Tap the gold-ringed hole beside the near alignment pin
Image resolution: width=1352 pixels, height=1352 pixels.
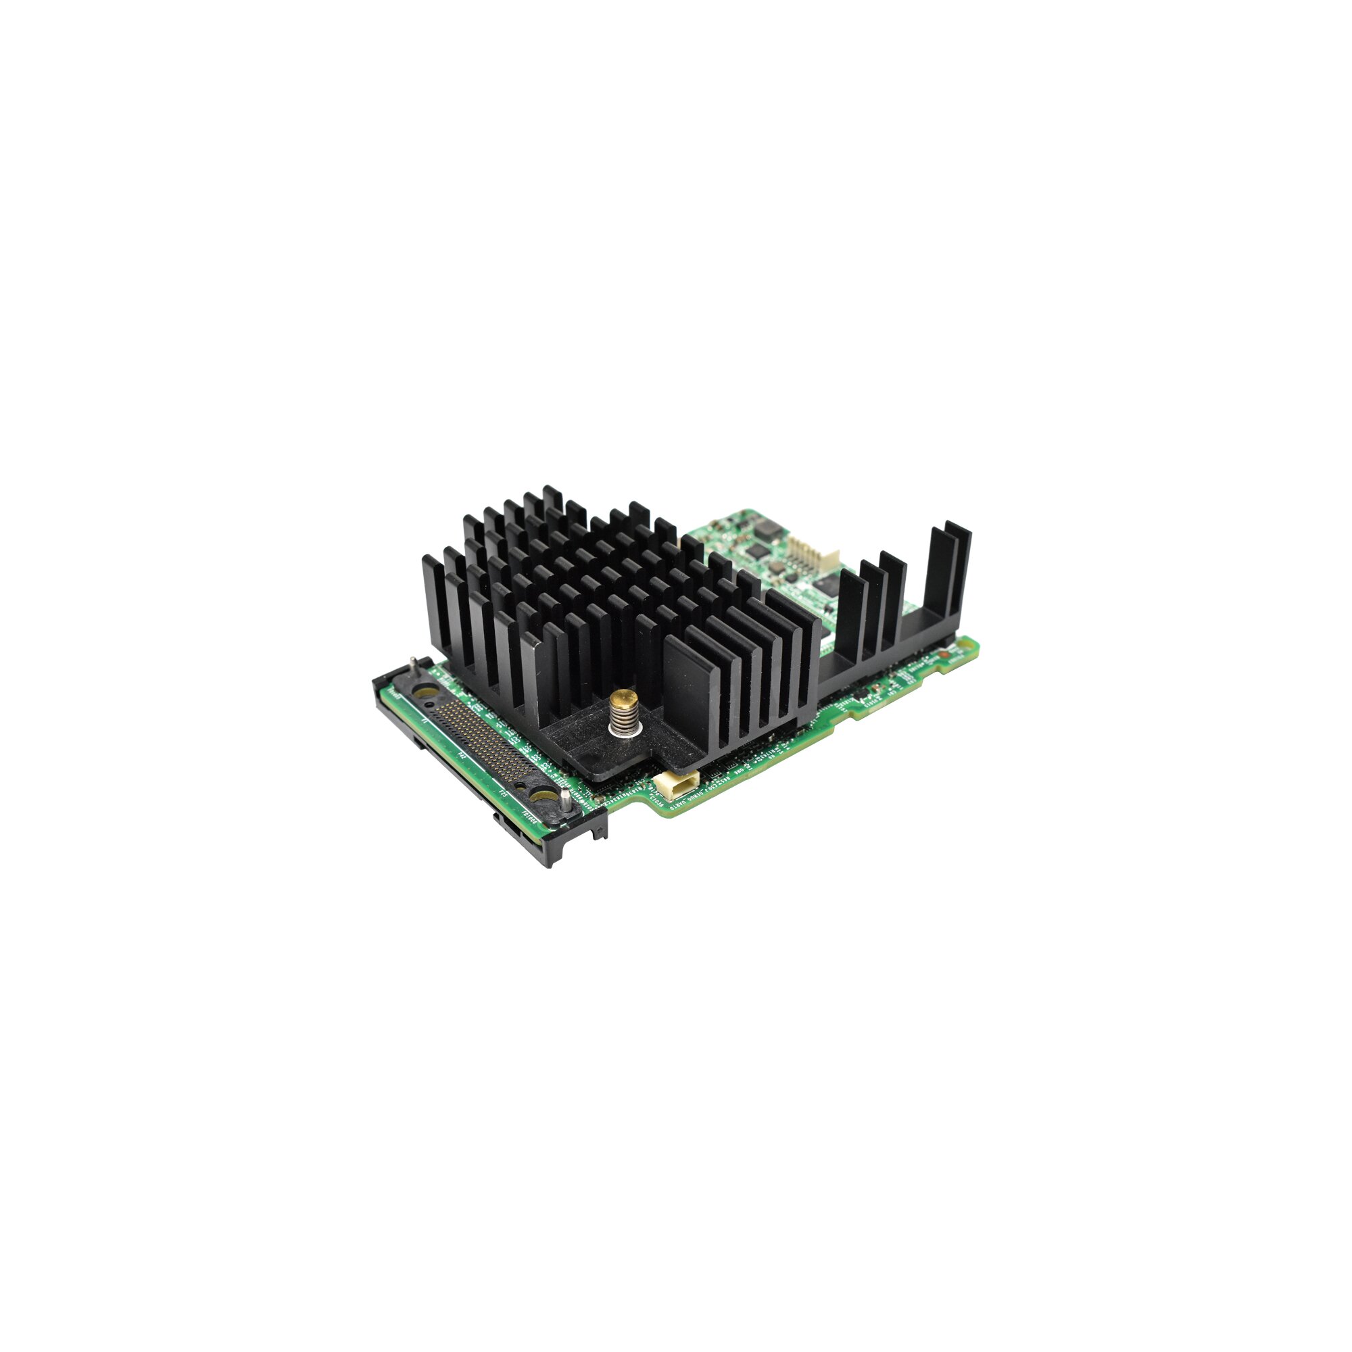point(539,796)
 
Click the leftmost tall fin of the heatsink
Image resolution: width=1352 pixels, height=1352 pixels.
point(433,616)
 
